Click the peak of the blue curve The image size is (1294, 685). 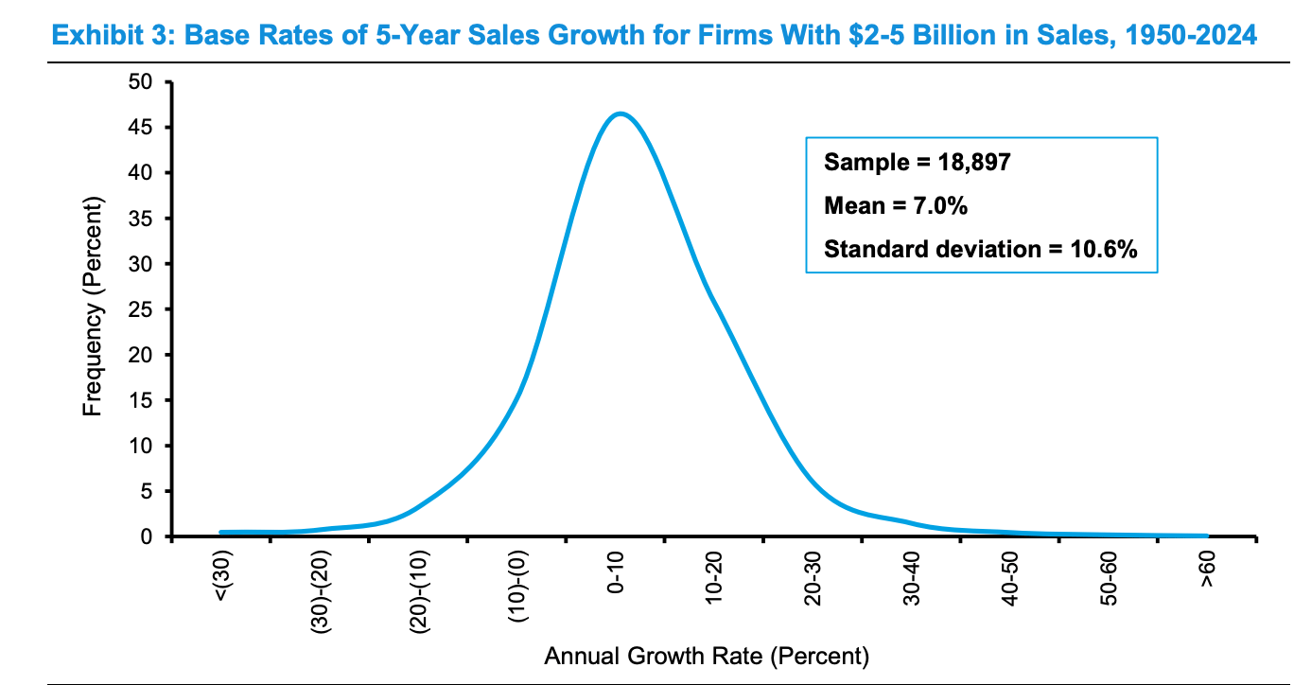[x=620, y=114]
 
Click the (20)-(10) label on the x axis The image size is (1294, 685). [x=420, y=588]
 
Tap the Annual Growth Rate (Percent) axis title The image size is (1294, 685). [x=705, y=655]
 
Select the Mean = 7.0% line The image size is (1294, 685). [x=895, y=205]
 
